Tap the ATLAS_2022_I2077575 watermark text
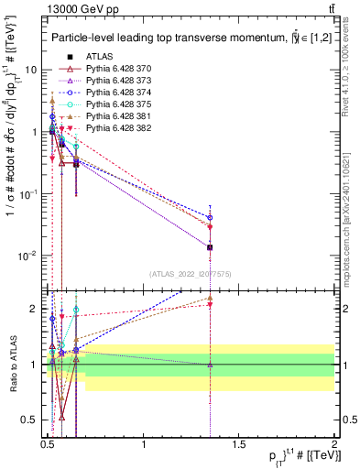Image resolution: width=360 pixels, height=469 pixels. pyautogui.click(x=191, y=275)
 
